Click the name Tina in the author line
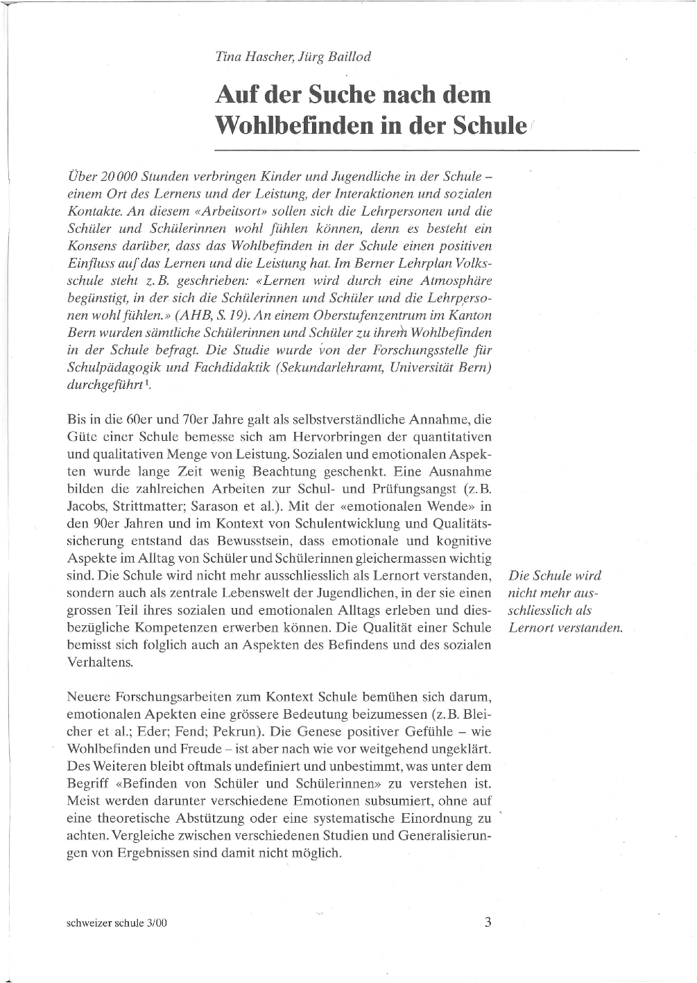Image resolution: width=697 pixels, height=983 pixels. (x=228, y=57)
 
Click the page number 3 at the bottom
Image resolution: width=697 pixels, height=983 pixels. (x=488, y=923)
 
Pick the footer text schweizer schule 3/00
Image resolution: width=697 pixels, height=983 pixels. (x=117, y=923)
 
